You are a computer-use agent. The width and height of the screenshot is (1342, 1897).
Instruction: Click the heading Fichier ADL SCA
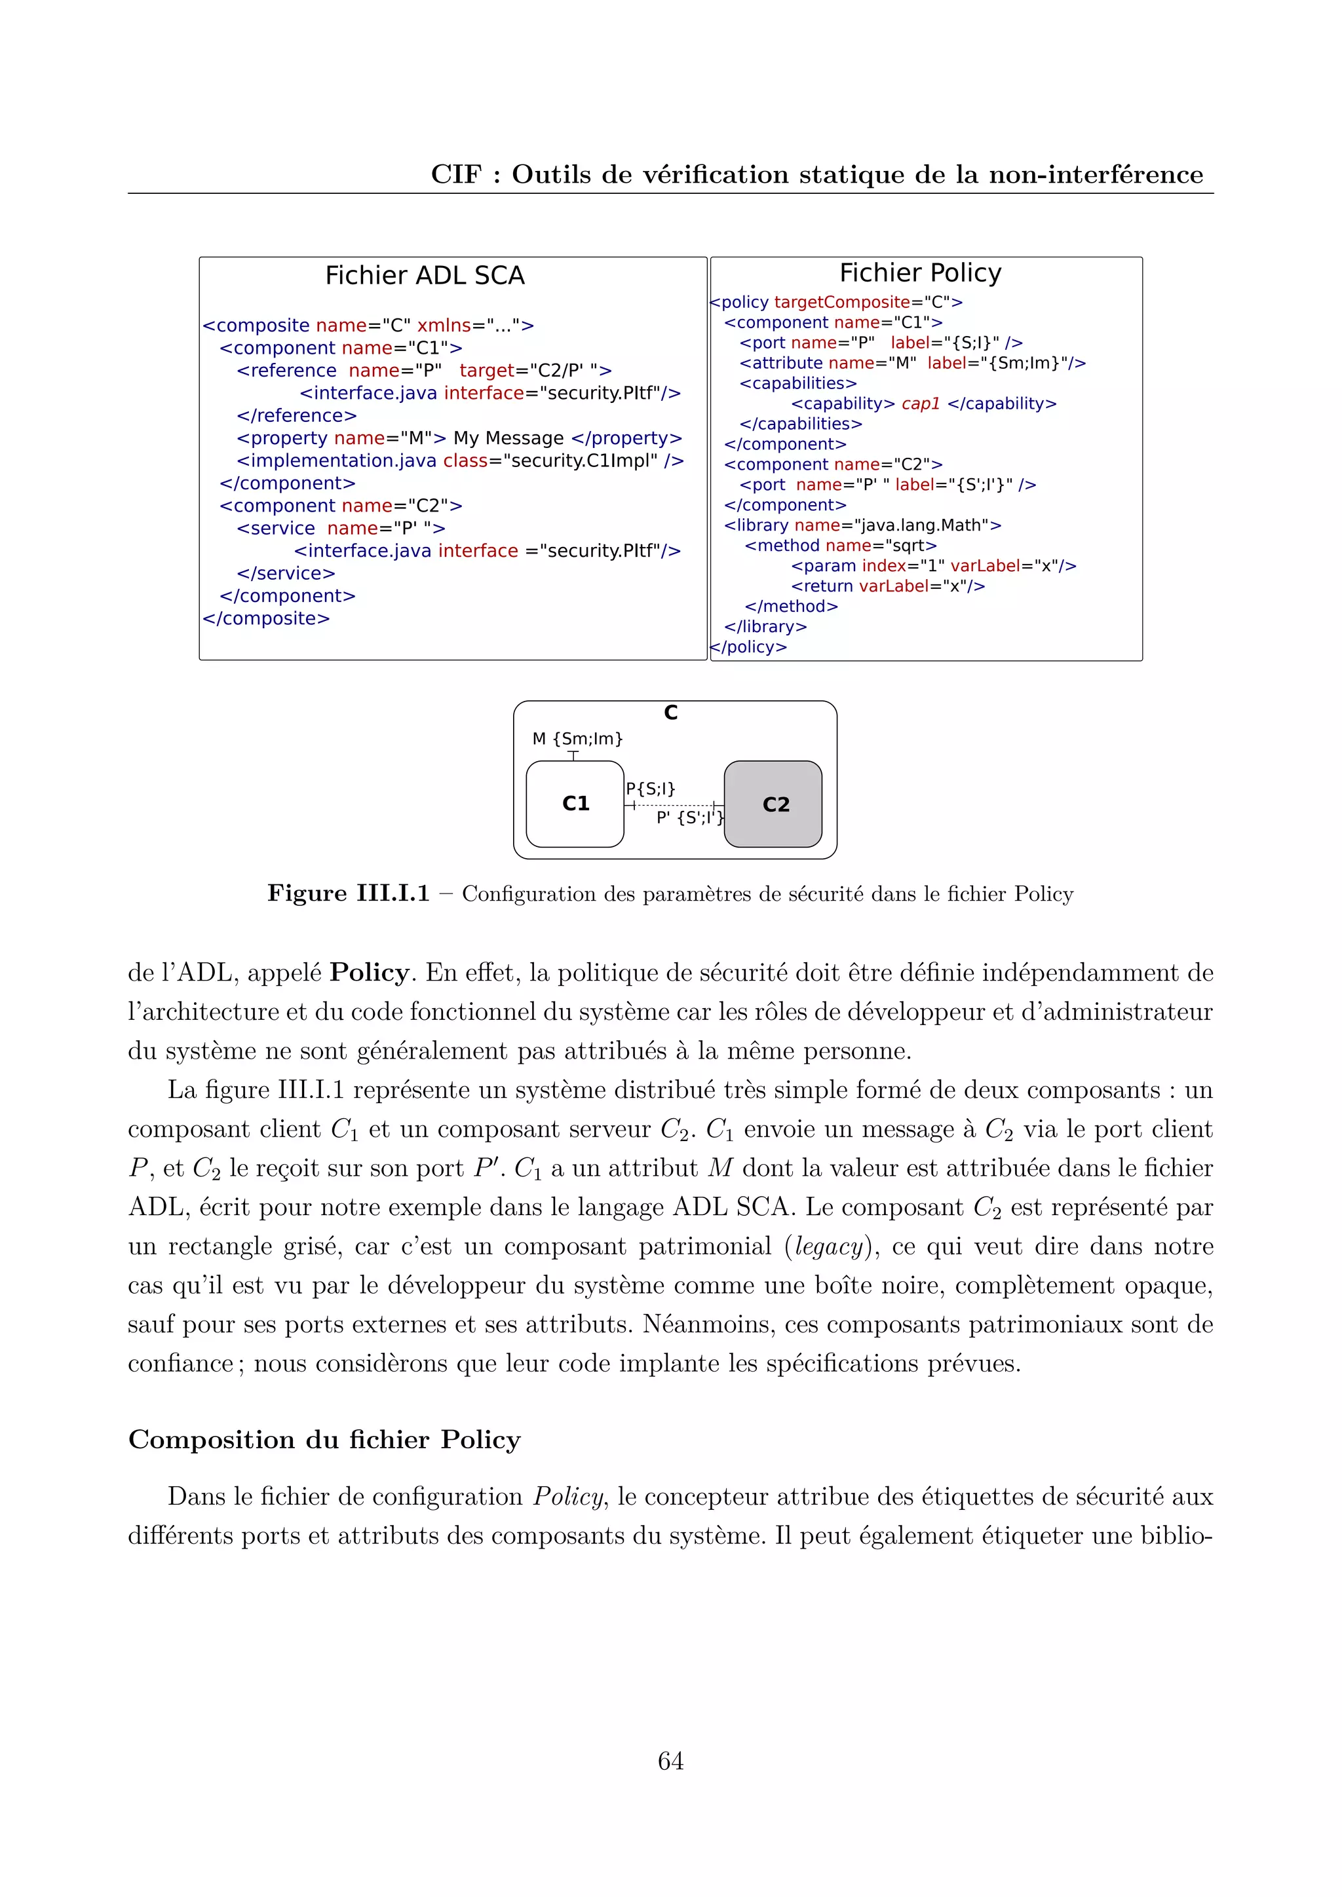[x=425, y=275]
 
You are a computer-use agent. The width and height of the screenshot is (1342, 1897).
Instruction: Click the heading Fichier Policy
[x=920, y=272]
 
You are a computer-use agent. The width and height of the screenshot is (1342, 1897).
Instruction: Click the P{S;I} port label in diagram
[x=650, y=788]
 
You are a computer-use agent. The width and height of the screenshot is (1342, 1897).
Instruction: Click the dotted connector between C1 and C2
[x=674, y=805]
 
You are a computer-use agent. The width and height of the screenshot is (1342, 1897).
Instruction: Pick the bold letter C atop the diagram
[x=671, y=712]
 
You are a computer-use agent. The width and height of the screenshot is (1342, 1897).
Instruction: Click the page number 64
[x=670, y=1761]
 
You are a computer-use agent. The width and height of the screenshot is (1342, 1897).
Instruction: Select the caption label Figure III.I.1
[x=348, y=893]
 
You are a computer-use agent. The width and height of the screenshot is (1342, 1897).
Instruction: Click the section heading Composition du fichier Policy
[x=324, y=1439]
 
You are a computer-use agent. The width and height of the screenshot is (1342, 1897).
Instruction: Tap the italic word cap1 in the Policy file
[x=921, y=404]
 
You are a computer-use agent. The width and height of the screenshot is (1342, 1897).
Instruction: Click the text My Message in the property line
[x=508, y=438]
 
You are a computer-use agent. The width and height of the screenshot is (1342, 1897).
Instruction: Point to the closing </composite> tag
[x=266, y=618]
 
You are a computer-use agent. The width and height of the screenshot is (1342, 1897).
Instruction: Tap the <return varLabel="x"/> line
[x=887, y=586]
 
